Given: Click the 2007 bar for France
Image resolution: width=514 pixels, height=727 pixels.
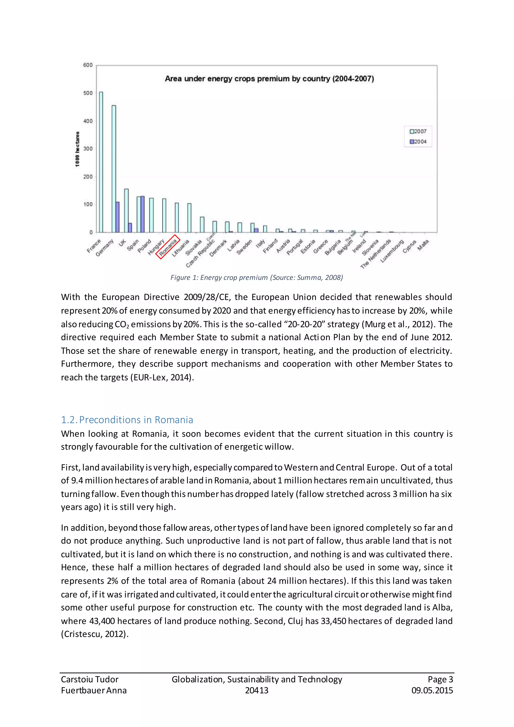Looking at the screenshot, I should pos(101,162).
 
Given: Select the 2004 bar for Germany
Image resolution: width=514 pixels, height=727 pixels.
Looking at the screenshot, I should pos(117,217).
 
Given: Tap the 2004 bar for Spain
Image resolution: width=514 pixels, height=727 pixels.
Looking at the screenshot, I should pos(142,214).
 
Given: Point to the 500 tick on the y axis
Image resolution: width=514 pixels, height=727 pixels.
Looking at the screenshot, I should pos(88,93).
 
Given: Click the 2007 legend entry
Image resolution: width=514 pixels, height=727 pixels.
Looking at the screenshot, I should pos(418,131).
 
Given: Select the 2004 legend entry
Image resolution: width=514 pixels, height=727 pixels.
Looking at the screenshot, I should pos(418,142).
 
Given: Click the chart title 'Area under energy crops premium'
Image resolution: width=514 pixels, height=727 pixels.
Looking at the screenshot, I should pos(269,79).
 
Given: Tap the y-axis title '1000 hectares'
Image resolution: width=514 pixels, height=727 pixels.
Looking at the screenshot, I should pos(78,149).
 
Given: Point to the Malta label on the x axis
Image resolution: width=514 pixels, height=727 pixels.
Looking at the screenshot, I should pos(423,245).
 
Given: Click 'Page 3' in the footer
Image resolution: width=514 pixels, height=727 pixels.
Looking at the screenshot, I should pos(440,679).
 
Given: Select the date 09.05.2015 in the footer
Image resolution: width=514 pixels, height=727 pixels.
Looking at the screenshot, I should pos(432,690).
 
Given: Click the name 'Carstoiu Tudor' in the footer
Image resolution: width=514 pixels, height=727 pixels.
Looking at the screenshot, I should pos(90,679).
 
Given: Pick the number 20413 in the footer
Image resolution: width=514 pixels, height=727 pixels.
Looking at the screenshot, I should pos(257,690).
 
